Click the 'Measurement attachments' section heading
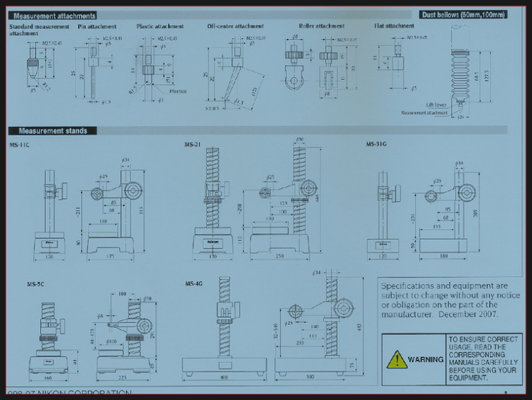point(53,15)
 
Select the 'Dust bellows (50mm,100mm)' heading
point(463,14)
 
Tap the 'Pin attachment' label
point(97,26)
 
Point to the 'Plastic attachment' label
point(160,26)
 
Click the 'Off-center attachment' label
point(235,26)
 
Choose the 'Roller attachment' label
point(321,26)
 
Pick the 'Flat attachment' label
point(394,26)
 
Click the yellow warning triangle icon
point(397,359)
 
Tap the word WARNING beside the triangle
point(426,359)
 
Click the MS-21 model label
point(192,145)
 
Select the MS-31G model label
point(376,145)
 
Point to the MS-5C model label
point(36,284)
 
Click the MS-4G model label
point(194,284)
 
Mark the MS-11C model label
point(19,145)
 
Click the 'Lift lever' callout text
point(436,104)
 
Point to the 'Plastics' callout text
point(178,92)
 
